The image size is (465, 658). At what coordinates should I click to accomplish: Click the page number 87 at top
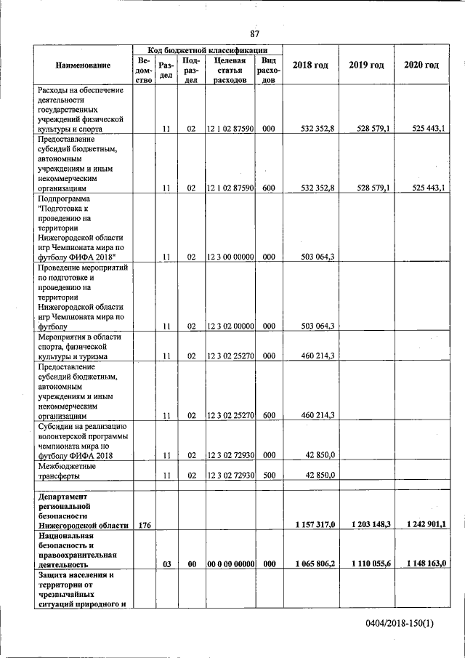click(254, 34)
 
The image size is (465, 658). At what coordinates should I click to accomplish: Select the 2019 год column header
click(366, 65)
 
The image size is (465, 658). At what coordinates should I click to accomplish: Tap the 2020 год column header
click(421, 65)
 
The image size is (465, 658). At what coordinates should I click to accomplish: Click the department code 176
click(142, 524)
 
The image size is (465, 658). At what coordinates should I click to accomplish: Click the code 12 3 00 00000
click(229, 257)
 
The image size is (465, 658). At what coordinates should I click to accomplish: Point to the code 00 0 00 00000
click(229, 563)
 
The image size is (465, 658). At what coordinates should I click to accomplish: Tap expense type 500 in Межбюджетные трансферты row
click(268, 475)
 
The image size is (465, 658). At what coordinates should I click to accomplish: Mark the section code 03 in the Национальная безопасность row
click(166, 563)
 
